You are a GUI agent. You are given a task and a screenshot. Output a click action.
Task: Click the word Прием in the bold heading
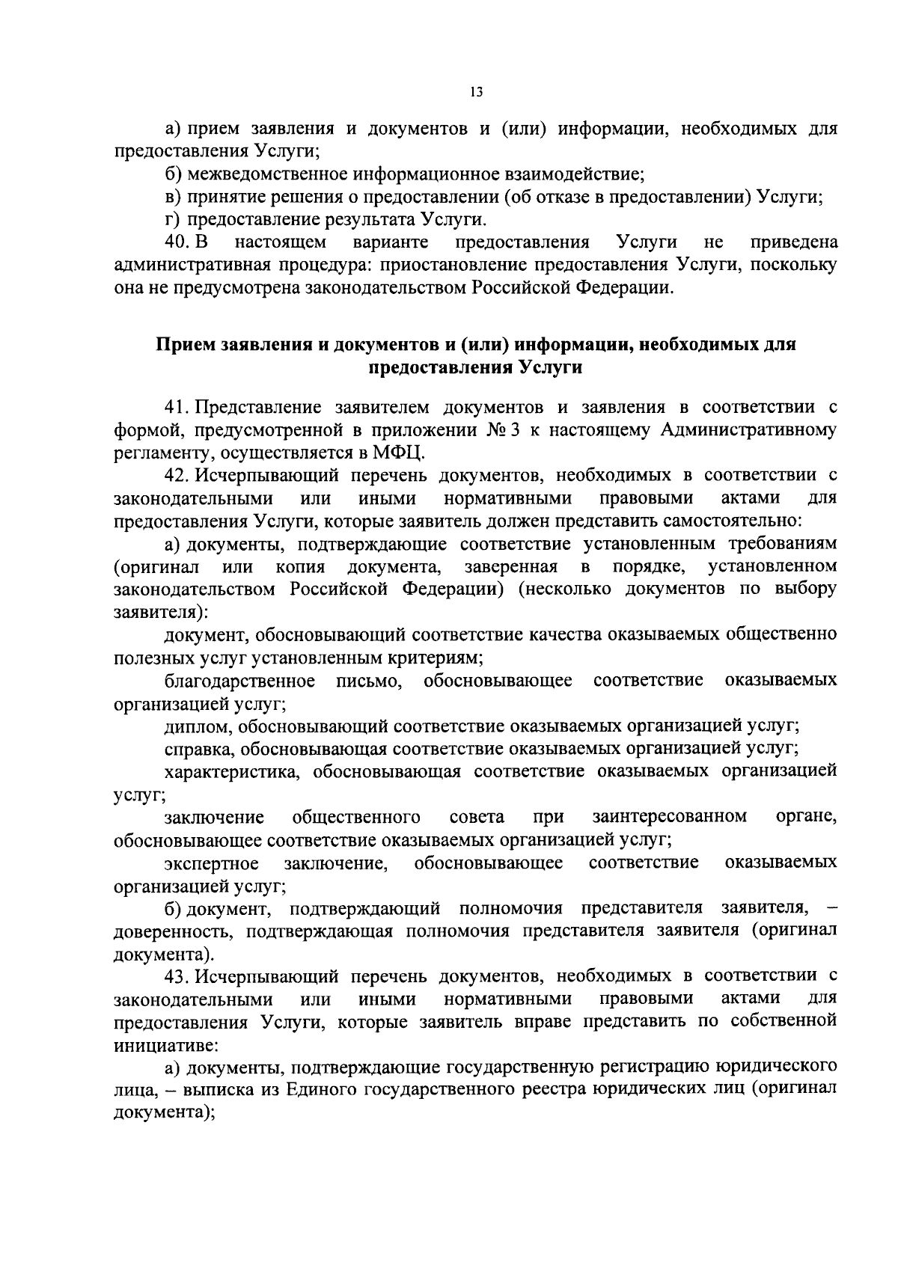click(185, 345)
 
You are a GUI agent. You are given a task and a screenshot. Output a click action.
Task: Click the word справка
click(199, 749)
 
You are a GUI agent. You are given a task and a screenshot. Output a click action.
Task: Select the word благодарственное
click(239, 681)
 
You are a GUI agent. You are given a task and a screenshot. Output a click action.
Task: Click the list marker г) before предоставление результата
click(173, 220)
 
